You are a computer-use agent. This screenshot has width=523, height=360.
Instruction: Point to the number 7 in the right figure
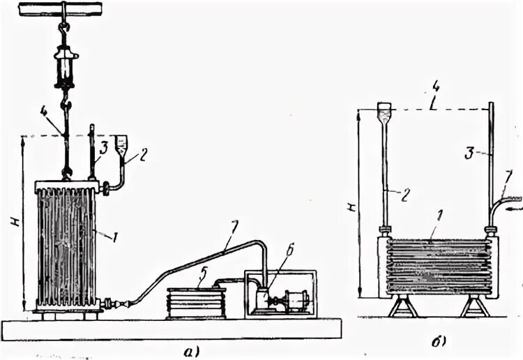tap(509, 174)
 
